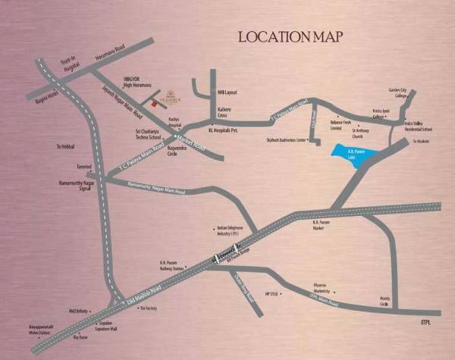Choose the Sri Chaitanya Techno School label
pyautogui.click(x=144, y=133)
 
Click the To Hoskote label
pyautogui.click(x=421, y=141)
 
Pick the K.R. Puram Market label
pyautogui.click(x=324, y=225)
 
